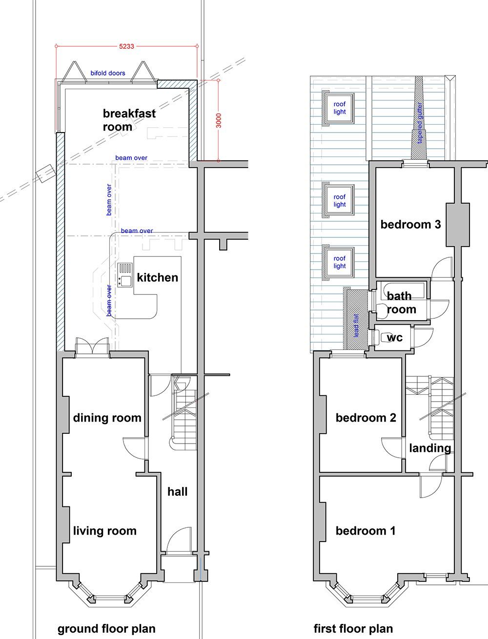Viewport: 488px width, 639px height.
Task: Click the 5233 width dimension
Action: click(126, 46)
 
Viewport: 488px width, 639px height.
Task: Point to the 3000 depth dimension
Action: click(219, 120)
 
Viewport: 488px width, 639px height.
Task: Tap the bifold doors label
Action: click(108, 73)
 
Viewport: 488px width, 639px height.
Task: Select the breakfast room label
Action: click(129, 120)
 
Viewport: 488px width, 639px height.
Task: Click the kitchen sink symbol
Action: click(125, 275)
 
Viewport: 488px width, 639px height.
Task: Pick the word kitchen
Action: click(157, 277)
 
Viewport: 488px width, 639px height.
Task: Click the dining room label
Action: click(107, 418)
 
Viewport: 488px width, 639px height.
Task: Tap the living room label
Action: click(104, 531)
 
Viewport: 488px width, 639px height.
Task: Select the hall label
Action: click(177, 491)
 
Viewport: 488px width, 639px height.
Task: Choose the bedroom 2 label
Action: click(366, 418)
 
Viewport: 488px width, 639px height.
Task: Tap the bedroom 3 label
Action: click(410, 224)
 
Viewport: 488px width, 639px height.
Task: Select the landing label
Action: click(429, 448)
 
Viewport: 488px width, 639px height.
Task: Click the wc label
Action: click(394, 337)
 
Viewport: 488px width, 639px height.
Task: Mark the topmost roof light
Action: click(339, 108)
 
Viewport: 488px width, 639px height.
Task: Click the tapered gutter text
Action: click(420, 123)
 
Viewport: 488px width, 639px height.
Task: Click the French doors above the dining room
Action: click(92, 347)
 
